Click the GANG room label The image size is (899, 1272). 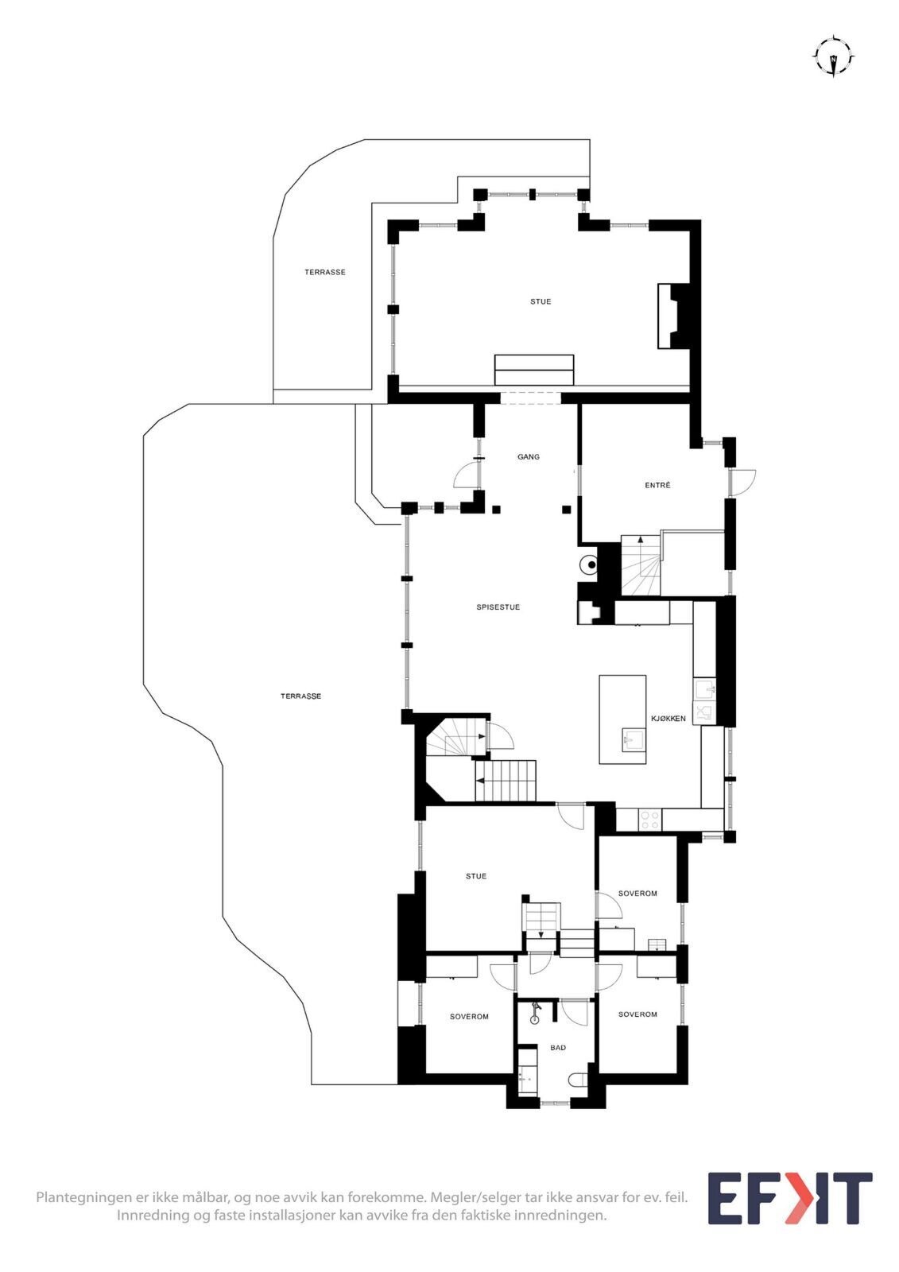pyautogui.click(x=528, y=456)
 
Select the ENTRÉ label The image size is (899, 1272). pyautogui.click(x=657, y=485)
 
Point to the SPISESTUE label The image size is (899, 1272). pyautogui.click(x=498, y=607)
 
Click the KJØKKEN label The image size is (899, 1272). pyautogui.click(x=668, y=719)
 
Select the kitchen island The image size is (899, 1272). pyautogui.click(x=622, y=719)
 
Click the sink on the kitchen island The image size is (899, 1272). pyautogui.click(x=633, y=740)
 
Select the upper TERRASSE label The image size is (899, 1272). pyautogui.click(x=325, y=272)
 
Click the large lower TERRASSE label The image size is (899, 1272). pyautogui.click(x=301, y=696)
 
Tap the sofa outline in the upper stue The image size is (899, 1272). pyautogui.click(x=534, y=370)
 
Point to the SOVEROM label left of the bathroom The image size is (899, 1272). pyautogui.click(x=469, y=1017)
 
